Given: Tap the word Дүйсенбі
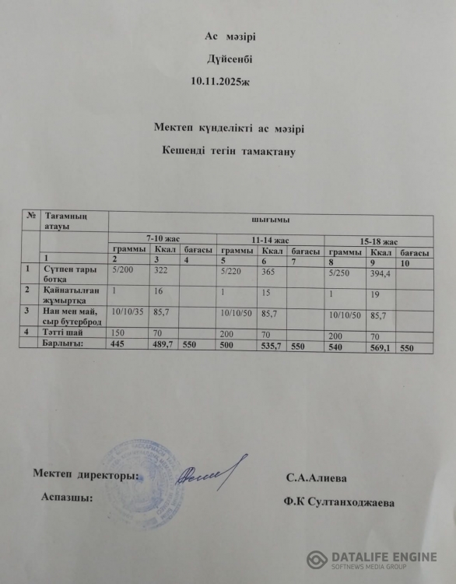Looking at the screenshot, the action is pos(229,58).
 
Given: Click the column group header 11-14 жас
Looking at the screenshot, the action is pos(270,239).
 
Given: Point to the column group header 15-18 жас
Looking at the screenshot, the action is pos(379,241).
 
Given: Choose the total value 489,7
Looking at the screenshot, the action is pos(164,343).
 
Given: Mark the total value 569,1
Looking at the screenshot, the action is pos(381,348).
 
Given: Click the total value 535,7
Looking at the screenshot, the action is pos(272,346).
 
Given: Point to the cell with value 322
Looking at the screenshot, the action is pos(161,269).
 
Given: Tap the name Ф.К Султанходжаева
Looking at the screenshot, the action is pos(339,503).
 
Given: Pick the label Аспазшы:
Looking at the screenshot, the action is pos(66,496).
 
